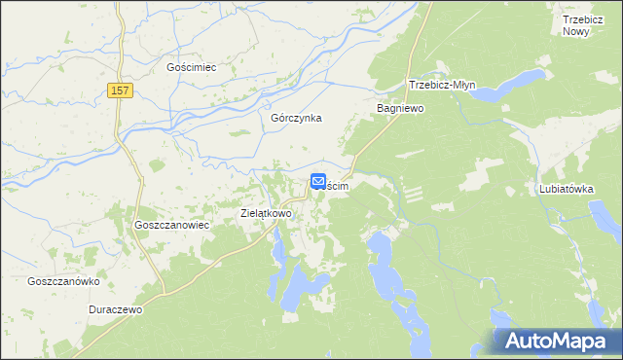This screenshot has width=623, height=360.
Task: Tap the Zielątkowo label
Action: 266,212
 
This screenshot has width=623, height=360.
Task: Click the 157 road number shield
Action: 120,90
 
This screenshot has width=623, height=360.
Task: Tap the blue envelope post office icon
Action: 318,181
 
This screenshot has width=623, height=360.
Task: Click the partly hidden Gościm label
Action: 338,184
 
